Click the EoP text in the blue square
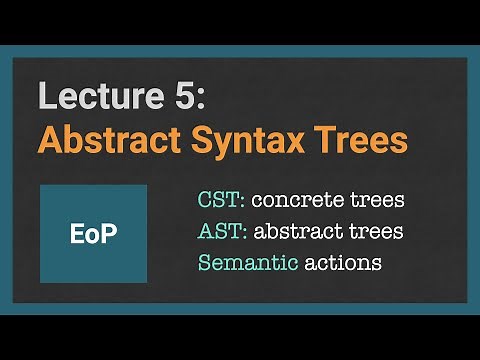pyautogui.click(x=93, y=232)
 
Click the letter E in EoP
pyautogui.click(x=77, y=232)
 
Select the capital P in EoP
pyautogui.click(x=109, y=232)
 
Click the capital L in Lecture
pyautogui.click(x=46, y=96)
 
